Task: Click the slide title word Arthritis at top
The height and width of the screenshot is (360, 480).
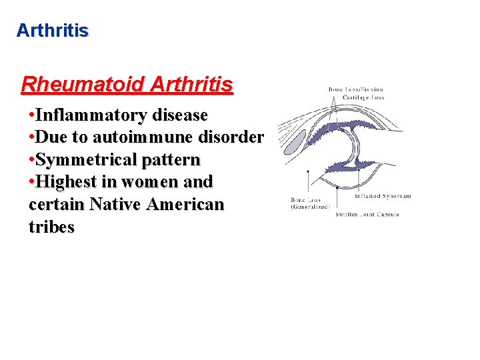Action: coord(52,31)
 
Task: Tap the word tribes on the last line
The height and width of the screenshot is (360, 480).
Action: coord(52,227)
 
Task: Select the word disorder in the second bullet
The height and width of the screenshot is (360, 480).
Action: coord(231,138)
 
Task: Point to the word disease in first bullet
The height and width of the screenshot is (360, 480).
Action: coord(180,115)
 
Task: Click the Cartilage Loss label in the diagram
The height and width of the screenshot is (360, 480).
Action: coord(364,97)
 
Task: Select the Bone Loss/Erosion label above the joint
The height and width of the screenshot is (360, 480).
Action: coord(356,89)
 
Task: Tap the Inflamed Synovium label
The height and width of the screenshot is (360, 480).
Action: coord(382,196)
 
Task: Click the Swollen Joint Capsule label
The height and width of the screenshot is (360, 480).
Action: coord(368,214)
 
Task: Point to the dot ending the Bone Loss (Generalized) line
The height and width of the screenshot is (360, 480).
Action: coord(307,171)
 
